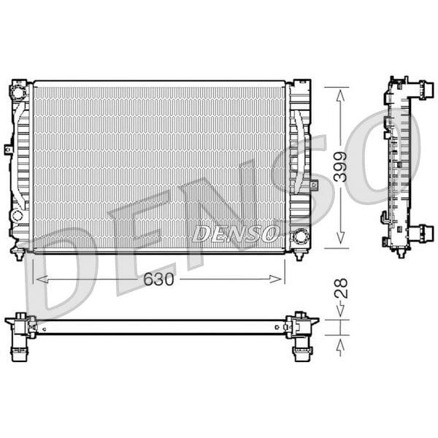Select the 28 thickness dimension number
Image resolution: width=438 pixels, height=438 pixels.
[339, 288]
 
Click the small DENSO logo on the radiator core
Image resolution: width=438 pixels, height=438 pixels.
[236, 234]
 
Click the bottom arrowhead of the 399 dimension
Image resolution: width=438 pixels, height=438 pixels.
[339, 240]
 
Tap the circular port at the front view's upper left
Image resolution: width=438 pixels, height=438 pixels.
[17, 93]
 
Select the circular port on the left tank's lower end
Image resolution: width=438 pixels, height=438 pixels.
[17, 215]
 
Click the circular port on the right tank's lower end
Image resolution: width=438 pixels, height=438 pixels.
[300, 236]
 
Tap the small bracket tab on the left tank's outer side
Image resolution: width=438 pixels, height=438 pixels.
[9, 149]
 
